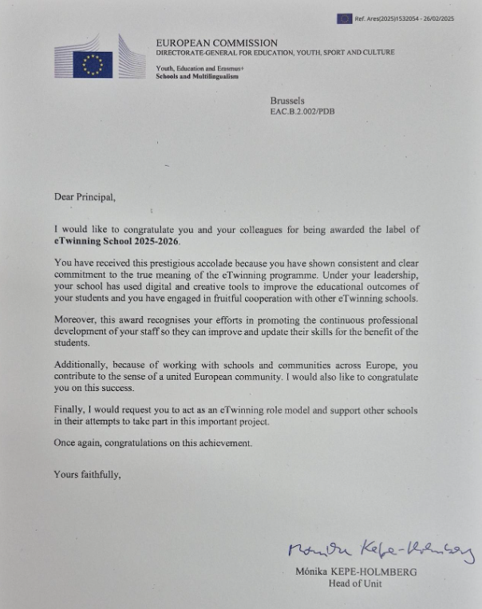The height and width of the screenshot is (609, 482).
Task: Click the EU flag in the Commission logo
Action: (x=93, y=65)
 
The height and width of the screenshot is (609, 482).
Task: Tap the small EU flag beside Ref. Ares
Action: (x=344, y=18)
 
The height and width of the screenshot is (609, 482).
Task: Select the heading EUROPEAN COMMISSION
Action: (x=216, y=43)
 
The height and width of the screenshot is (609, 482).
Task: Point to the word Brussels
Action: (x=287, y=101)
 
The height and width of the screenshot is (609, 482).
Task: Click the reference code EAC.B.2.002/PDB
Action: (x=302, y=111)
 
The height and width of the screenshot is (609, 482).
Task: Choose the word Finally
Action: (x=71, y=410)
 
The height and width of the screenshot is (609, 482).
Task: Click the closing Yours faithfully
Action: (x=87, y=474)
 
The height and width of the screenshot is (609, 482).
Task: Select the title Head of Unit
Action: (x=356, y=583)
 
